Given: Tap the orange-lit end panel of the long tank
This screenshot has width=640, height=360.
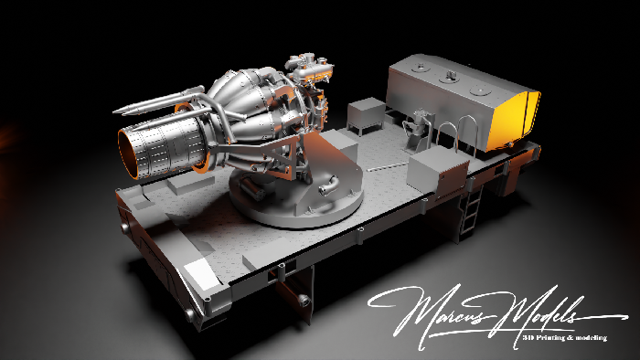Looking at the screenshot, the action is [x=514, y=120].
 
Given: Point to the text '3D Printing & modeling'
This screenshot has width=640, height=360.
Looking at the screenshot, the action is [x=564, y=337].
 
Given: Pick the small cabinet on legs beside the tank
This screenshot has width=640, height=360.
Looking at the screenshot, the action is [x=366, y=115].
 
